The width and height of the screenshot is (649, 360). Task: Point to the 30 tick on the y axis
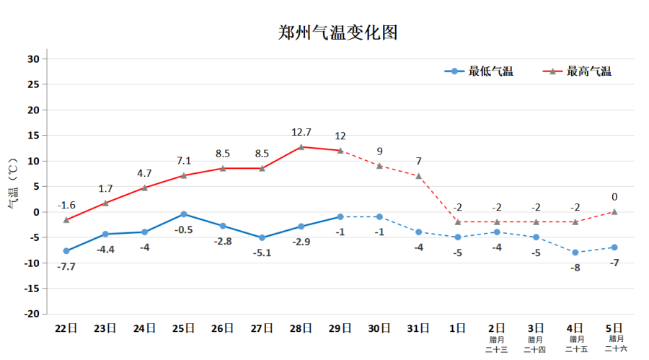[33, 59]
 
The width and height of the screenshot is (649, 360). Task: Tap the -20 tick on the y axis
[30, 315]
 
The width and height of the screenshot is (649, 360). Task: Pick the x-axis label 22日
[66, 328]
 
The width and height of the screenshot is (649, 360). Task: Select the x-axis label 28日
[301, 328]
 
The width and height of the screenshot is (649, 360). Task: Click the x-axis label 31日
[419, 328]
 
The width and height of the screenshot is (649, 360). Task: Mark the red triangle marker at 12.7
[301, 147]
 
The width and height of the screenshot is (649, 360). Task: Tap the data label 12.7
[301, 133]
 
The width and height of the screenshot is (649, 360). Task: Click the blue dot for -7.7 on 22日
[66, 251]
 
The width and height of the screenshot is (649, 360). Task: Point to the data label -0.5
[183, 230]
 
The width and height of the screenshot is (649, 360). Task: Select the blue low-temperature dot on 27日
[262, 238]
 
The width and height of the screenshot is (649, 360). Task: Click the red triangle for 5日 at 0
[614, 211]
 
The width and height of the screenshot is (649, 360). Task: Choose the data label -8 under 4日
[575, 268]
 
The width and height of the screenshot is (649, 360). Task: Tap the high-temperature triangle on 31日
[419, 176]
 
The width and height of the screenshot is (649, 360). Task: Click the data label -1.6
[66, 205]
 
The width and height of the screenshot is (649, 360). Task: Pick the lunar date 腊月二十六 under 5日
[615, 343]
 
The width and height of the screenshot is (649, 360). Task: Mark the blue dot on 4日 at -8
[575, 253]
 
